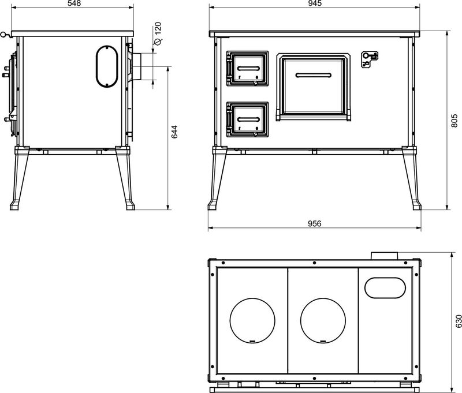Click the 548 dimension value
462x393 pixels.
[x=74, y=3]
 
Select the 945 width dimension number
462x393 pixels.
[x=315, y=3]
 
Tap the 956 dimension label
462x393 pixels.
[x=315, y=223]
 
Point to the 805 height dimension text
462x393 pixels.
[x=454, y=121]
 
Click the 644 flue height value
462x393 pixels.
[x=174, y=132]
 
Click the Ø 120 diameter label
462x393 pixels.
[x=158, y=33]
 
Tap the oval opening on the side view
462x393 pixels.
[x=107, y=67]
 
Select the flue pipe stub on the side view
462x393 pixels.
[x=137, y=66]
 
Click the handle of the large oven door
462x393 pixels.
[x=314, y=76]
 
